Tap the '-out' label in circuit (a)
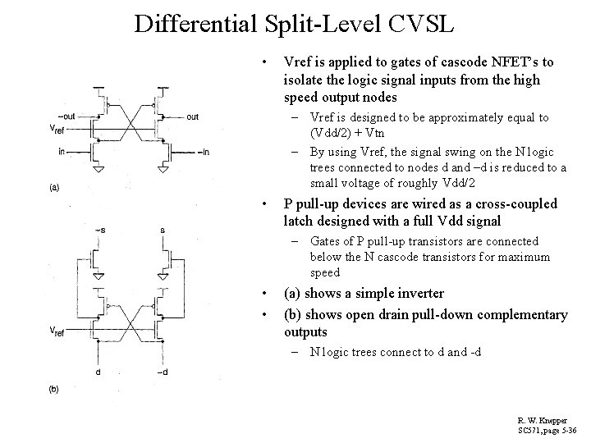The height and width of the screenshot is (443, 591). click(x=66, y=116)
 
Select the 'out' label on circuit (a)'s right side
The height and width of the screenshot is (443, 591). click(x=192, y=116)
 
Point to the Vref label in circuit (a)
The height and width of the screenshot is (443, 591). click(x=58, y=130)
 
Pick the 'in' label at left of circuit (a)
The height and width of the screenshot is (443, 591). click(x=63, y=151)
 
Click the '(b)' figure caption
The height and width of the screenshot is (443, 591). click(x=54, y=387)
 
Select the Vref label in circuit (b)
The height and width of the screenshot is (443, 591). click(x=58, y=331)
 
